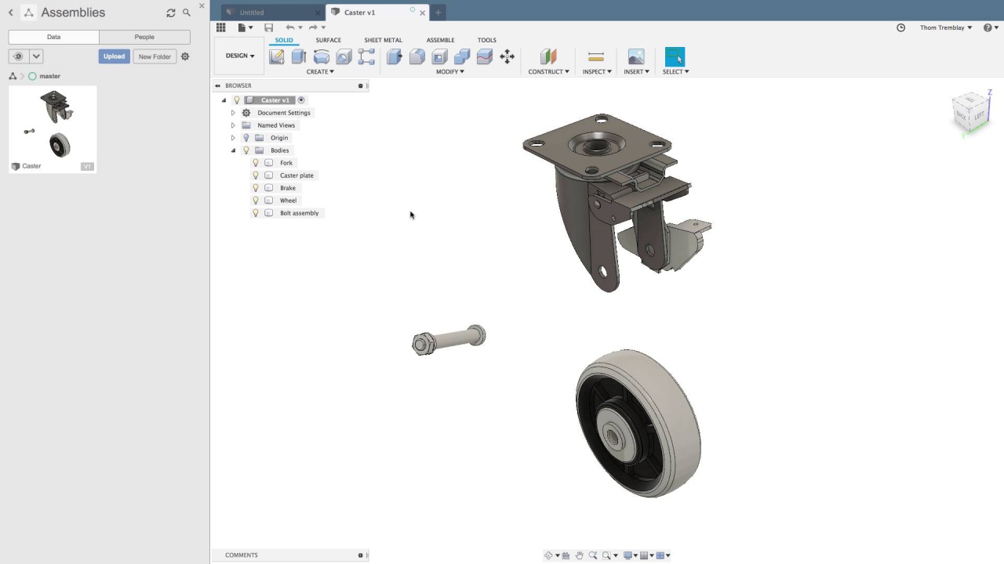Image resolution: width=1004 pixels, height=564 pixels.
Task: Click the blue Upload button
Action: pyautogui.click(x=114, y=56)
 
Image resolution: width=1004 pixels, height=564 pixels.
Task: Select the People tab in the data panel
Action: pyautogui.click(x=144, y=37)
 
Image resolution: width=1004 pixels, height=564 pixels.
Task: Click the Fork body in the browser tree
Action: pyautogui.click(x=286, y=163)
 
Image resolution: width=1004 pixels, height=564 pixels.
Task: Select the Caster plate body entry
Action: pyautogui.click(x=296, y=175)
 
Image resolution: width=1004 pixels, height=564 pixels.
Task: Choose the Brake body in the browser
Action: pyautogui.click(x=288, y=188)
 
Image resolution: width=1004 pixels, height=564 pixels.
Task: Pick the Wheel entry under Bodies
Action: pyautogui.click(x=288, y=201)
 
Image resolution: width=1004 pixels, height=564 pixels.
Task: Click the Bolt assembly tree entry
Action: pyautogui.click(x=299, y=213)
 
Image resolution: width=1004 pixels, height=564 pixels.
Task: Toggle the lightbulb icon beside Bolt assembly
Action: pyautogui.click(x=256, y=213)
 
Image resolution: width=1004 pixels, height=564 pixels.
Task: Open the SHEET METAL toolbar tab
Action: pyautogui.click(x=383, y=40)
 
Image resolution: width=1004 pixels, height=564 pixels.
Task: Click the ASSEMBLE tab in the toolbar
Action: pyautogui.click(x=440, y=40)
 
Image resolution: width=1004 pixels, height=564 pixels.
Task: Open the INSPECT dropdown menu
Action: pyautogui.click(x=597, y=71)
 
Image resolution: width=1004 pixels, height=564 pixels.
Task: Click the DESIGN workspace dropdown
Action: pyautogui.click(x=240, y=56)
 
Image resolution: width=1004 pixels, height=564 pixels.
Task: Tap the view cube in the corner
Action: pyautogui.click(x=971, y=111)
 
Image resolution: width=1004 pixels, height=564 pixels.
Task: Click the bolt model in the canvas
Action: pyautogui.click(x=449, y=340)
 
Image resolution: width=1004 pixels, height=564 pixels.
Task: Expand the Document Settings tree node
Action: pyautogui.click(x=233, y=113)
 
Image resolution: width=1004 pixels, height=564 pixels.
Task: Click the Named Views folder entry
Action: pyautogui.click(x=276, y=125)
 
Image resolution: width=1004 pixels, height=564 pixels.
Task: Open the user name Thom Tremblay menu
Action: pyautogui.click(x=945, y=27)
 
